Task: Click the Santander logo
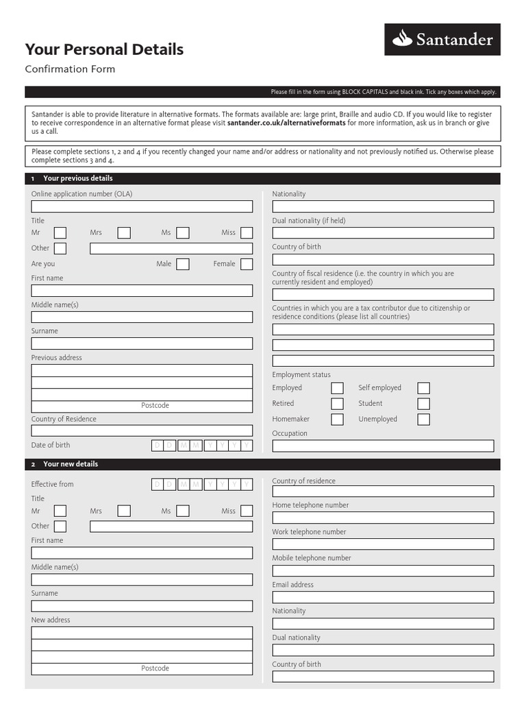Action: (442, 39)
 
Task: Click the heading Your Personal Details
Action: (104, 49)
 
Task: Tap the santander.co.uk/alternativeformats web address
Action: (286, 123)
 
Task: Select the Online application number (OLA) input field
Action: (142, 206)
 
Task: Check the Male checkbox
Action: (183, 264)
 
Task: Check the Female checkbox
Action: (247, 264)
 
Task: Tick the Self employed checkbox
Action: (424, 388)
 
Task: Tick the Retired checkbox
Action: (337, 404)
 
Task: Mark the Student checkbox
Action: (424, 404)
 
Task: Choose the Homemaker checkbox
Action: (337, 420)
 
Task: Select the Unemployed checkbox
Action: (424, 420)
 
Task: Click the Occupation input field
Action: (383, 446)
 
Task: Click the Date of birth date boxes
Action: (201, 446)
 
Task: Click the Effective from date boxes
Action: (201, 485)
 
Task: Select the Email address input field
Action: (383, 597)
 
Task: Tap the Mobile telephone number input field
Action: (383, 570)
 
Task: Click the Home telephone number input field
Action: (383, 518)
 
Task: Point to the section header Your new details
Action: (71, 464)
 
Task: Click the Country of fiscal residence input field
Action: (383, 295)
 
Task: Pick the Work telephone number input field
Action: (383, 544)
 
